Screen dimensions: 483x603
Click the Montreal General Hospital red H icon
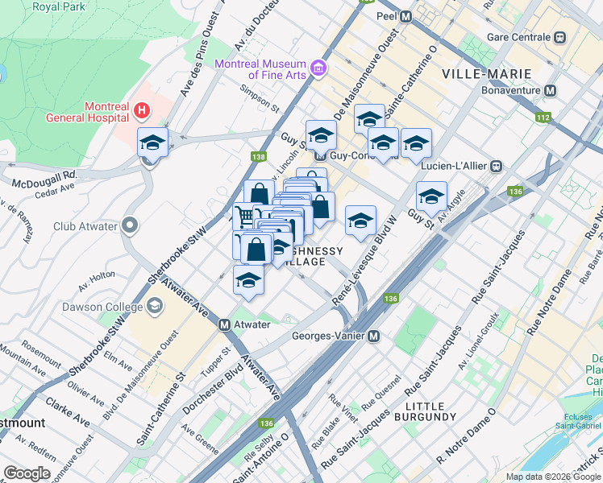pos(142,109)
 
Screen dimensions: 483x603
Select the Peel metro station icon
pos(406,16)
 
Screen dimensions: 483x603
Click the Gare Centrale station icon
pos(559,37)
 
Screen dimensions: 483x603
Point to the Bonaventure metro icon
pos(551,91)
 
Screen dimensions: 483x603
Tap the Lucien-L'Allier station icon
pos(497,166)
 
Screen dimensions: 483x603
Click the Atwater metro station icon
pos(226,325)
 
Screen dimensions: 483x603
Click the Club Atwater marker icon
pos(129,226)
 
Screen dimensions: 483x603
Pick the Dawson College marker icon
pos(156,306)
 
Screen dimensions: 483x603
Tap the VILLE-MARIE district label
pos(486,74)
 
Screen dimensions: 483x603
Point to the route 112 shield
pos(542,118)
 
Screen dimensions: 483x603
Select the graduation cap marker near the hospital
pos(152,143)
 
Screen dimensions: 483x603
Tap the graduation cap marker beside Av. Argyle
pos(431,197)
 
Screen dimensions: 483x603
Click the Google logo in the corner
pos(27,473)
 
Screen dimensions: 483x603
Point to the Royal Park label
pos(57,6)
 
